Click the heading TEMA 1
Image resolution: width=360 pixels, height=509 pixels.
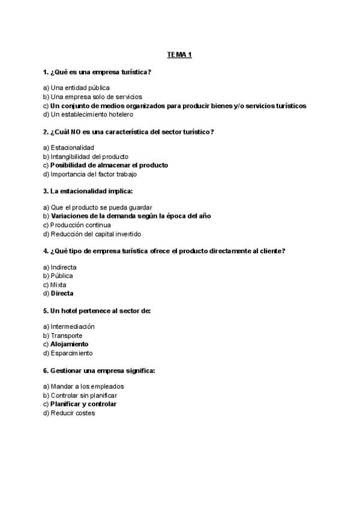[x=179, y=55]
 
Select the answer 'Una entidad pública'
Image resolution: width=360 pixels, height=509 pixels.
[x=80, y=88]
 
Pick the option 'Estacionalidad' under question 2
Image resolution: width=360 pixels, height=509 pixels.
[x=73, y=148]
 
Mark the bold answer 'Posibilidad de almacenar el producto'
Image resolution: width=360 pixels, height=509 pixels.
[x=109, y=165]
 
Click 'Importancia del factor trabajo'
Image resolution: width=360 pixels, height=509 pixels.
[x=94, y=174]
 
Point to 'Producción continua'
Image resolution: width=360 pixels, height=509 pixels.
[x=80, y=225]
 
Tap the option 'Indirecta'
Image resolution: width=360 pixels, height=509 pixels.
[x=64, y=267]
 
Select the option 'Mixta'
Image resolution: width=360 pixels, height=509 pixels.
[x=59, y=285]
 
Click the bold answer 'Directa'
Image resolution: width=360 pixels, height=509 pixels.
[x=62, y=294]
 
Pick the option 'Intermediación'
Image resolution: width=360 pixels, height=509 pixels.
[x=72, y=327]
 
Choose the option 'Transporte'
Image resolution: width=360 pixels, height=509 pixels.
[x=67, y=336]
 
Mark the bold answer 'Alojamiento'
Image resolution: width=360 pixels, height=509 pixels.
[x=69, y=345]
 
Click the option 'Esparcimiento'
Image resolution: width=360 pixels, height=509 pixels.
[x=72, y=354]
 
